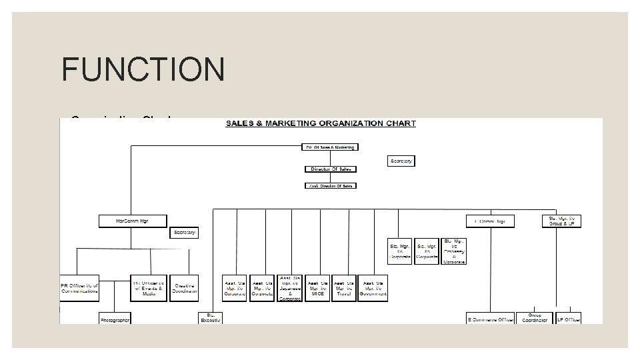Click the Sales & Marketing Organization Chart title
[x=321, y=123]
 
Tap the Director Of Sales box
[x=331, y=169]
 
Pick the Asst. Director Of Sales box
[x=331, y=185]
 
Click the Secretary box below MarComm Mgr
[x=185, y=233]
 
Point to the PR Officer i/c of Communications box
[x=79, y=287]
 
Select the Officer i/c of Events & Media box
[x=149, y=287]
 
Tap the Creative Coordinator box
[x=184, y=287]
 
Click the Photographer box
[x=115, y=319]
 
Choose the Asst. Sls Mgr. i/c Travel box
[x=343, y=288]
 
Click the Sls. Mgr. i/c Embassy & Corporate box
[x=454, y=250]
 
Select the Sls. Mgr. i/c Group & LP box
[x=561, y=220]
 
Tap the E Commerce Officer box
[x=491, y=319]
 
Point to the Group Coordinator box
[x=535, y=318]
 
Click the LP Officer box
[x=569, y=319]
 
